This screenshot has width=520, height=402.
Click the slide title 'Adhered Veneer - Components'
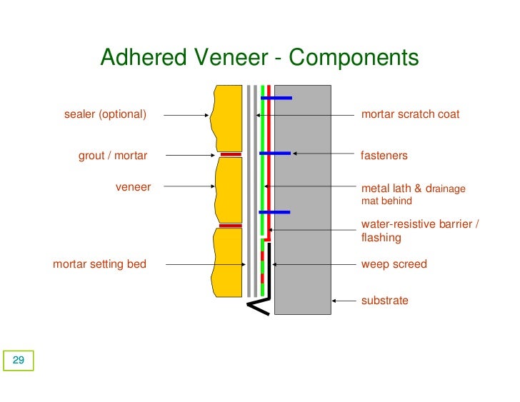tap(259, 57)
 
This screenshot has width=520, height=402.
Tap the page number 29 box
tap(19, 361)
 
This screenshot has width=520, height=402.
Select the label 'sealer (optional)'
tap(105, 114)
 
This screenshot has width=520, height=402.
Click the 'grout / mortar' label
tap(113, 156)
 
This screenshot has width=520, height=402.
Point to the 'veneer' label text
tap(133, 187)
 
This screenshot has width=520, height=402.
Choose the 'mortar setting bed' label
tap(99, 264)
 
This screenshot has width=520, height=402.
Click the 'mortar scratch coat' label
tap(410, 114)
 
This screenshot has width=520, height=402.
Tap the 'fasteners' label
tap(384, 155)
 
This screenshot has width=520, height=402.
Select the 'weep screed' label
tap(394, 264)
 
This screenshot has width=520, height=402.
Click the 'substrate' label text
tap(384, 301)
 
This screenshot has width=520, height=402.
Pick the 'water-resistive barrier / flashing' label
tap(419, 231)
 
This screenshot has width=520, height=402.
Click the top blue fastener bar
tap(276, 97)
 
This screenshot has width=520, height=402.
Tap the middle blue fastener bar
tap(274, 153)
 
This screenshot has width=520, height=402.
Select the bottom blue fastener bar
tap(274, 212)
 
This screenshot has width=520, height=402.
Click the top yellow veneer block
tap(228, 118)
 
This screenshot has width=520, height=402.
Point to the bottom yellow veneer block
tap(228, 261)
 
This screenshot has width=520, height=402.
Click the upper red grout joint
tap(230, 154)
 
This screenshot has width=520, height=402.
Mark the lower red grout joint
tap(230, 226)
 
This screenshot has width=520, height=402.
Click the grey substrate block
tap(303, 200)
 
